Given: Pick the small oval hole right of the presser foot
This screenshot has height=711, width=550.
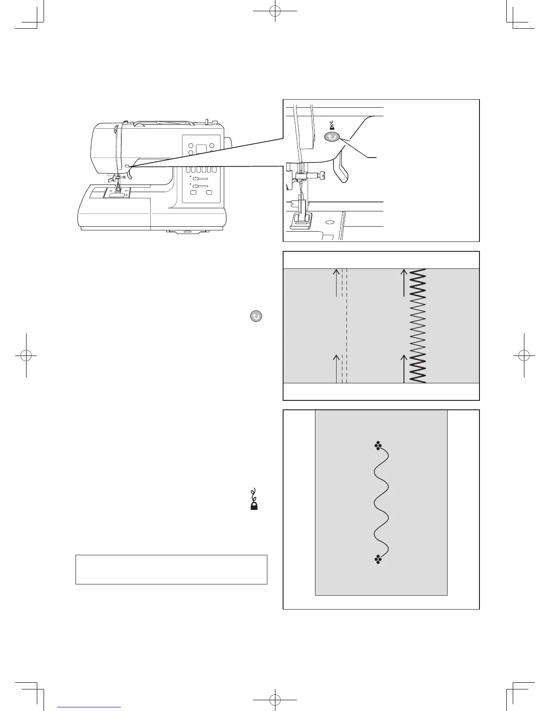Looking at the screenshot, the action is coord(330,222).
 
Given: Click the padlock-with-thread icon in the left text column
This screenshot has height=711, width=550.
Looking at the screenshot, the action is coord(254,499).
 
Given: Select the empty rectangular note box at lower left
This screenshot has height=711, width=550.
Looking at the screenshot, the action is coord(171,569).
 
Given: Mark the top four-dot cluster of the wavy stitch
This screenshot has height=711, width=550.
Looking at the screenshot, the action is coord(378,446).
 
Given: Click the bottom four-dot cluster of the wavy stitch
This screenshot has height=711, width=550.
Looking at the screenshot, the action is coord(378,559).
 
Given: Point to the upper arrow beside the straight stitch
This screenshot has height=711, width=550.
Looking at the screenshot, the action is coord(336,283).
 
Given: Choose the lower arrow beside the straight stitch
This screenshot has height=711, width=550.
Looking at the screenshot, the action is coord(336,368).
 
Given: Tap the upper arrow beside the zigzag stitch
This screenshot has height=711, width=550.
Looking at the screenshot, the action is coord(404,283).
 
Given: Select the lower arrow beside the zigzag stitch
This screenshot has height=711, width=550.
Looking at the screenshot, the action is coord(404,368).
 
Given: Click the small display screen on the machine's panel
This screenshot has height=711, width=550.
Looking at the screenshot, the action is coord(201,149).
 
